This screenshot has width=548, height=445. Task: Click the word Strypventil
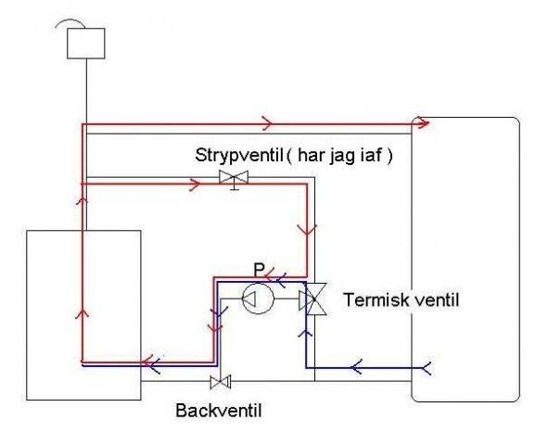tap(239, 156)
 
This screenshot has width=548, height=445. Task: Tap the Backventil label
tap(219, 411)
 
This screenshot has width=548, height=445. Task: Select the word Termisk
tap(376, 299)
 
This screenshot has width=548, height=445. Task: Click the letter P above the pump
tap(260, 270)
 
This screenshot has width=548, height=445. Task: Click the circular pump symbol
tap(259, 299)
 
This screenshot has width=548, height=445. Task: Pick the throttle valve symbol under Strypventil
tap(234, 179)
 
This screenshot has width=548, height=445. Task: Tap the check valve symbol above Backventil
tap(221, 382)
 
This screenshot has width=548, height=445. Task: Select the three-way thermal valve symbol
tap(312, 299)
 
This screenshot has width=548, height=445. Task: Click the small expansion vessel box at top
tap(86, 44)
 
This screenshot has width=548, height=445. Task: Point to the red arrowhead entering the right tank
tap(424, 123)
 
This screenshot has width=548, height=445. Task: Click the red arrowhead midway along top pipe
tap(267, 123)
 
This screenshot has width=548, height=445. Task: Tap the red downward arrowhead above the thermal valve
tap(307, 230)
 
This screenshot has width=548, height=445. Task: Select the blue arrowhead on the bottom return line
tap(356, 367)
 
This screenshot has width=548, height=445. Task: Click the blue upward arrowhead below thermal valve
tap(306, 333)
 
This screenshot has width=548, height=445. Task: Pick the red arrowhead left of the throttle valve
tap(196, 184)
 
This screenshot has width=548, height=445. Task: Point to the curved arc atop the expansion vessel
tap(70, 23)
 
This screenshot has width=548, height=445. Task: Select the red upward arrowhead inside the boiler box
tap(83, 312)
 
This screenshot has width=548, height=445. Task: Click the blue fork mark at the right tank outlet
tap(427, 368)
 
